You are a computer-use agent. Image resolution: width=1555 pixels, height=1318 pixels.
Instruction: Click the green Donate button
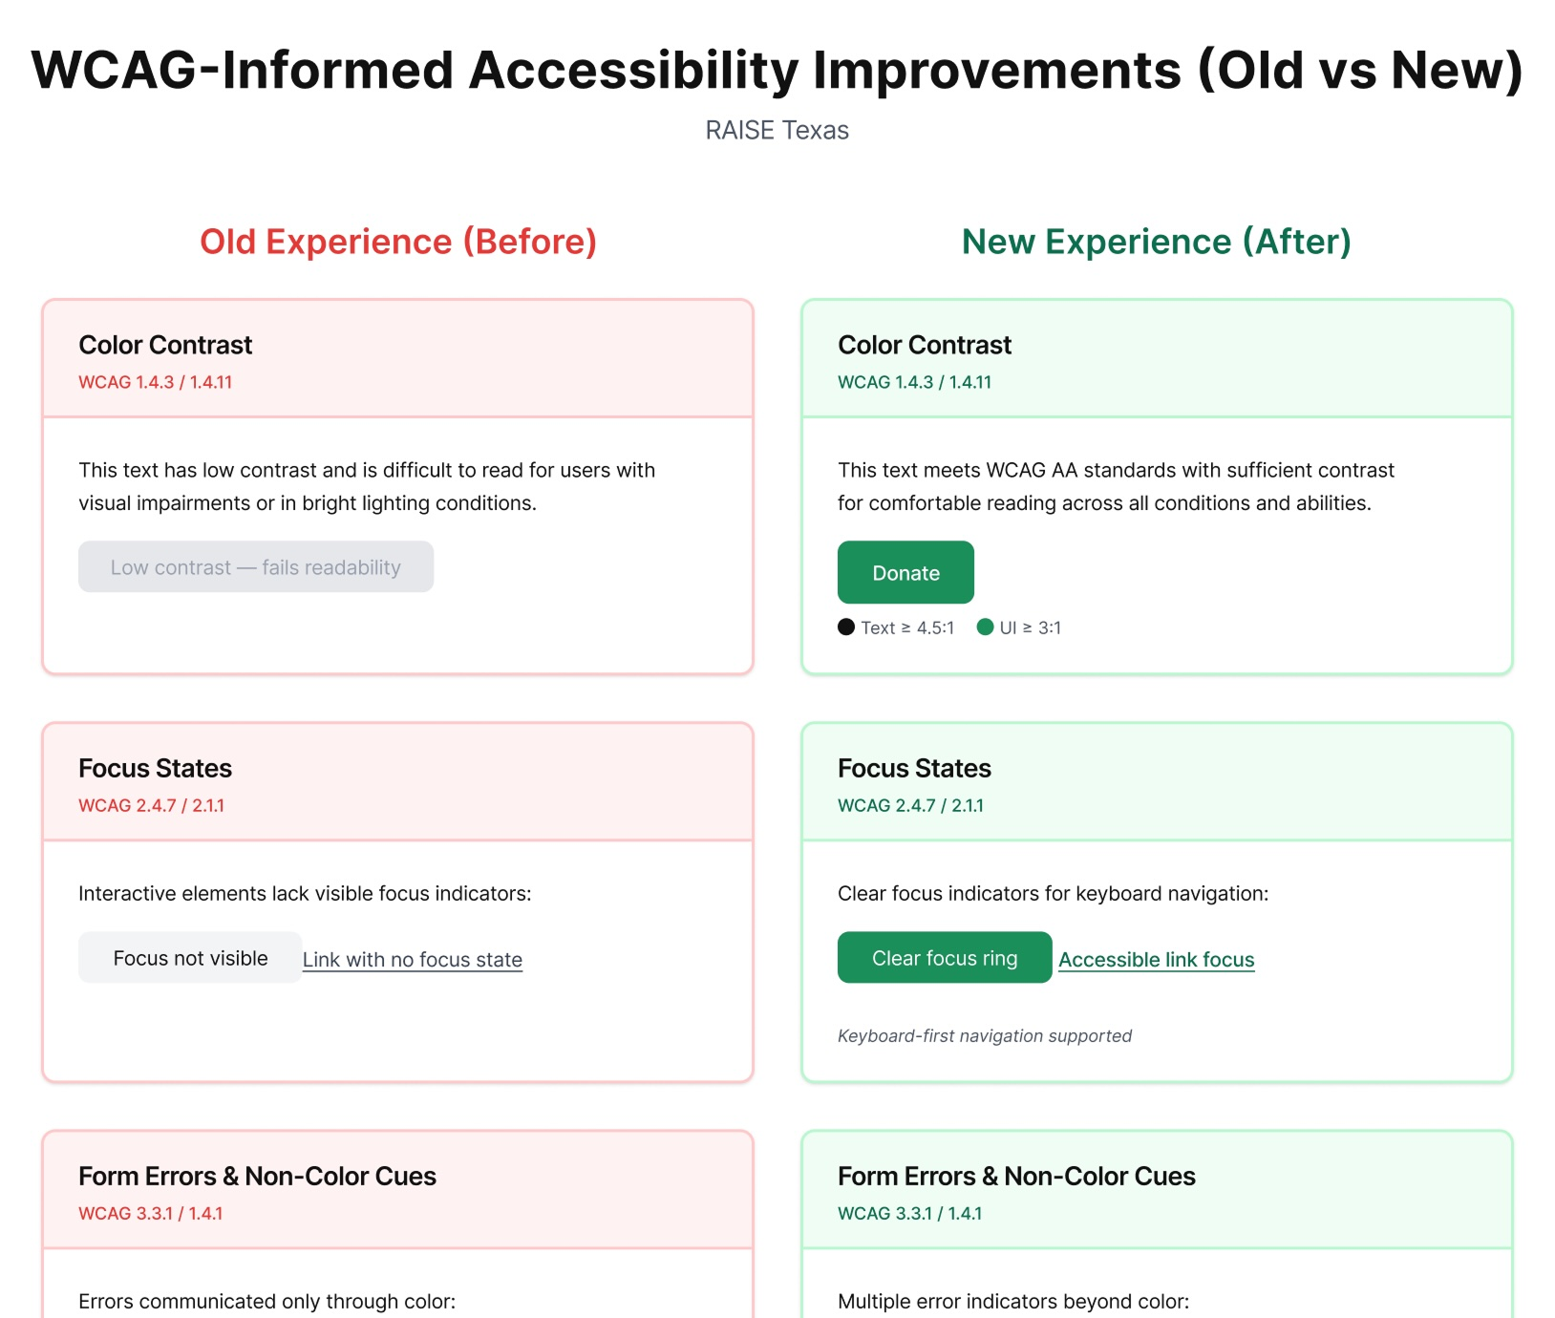point(905,572)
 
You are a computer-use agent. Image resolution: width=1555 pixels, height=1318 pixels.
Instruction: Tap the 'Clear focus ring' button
point(945,957)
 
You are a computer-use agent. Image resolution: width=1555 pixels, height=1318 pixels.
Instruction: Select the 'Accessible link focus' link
point(1157,960)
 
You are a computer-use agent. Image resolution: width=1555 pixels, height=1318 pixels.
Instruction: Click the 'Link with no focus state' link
point(413,960)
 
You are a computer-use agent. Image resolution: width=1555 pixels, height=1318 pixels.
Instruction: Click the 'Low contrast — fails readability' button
point(256,566)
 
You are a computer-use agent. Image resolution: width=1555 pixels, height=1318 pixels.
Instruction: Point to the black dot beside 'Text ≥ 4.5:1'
point(846,627)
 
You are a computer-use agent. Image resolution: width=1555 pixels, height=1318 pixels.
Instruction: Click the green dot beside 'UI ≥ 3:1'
point(986,627)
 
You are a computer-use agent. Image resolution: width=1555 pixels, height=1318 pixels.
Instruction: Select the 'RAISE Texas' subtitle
point(777,130)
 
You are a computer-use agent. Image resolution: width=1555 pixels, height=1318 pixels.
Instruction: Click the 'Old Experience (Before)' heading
point(398,242)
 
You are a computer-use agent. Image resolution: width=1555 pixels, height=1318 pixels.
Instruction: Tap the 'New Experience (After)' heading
point(1157,242)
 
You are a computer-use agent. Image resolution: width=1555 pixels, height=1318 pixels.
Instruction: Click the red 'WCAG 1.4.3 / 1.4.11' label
point(156,382)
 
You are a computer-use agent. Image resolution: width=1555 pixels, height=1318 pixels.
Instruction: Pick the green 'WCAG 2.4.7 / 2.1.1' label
point(910,805)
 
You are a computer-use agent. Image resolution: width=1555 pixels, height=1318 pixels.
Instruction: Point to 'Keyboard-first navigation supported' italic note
point(985,1036)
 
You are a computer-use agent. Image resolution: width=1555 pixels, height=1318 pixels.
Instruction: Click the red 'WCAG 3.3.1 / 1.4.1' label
point(151,1213)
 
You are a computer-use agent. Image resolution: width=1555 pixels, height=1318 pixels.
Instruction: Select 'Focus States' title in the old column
point(156,768)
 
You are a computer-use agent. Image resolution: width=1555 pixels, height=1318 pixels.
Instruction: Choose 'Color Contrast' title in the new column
point(925,345)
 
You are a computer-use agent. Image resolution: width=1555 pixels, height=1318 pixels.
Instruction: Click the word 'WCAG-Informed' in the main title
point(243,71)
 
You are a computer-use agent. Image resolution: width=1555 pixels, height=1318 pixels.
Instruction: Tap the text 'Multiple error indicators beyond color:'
point(1013,1301)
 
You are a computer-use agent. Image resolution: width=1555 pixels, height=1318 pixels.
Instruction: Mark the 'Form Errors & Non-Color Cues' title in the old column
point(258,1176)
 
